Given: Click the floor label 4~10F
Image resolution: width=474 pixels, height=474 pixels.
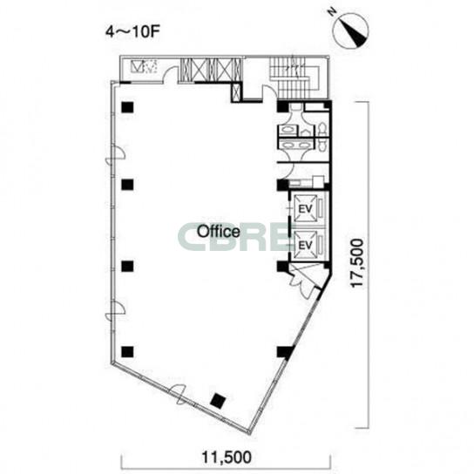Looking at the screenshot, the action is click(x=132, y=32).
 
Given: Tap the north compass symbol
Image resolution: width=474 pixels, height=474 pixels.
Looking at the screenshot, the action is click(x=351, y=30).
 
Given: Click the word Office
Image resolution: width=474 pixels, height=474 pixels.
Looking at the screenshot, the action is click(x=219, y=232).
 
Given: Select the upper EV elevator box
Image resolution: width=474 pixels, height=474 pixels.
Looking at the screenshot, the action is click(x=306, y=208).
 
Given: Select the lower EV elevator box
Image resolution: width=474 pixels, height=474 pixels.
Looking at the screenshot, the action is click(x=306, y=245).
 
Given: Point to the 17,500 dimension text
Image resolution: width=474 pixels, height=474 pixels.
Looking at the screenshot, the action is click(x=356, y=263).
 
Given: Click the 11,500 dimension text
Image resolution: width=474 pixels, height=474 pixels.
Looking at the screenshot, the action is click(x=227, y=457).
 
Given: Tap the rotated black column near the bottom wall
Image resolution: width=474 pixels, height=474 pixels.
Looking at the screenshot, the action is click(x=218, y=401).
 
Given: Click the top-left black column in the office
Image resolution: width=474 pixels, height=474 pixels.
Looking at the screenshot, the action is click(x=127, y=107).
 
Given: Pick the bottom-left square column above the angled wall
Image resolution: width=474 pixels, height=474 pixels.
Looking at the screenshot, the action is click(x=127, y=351).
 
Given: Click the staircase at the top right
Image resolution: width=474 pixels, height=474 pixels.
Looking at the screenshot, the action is click(x=295, y=78).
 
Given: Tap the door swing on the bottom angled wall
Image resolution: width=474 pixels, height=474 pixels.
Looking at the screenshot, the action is click(x=179, y=393).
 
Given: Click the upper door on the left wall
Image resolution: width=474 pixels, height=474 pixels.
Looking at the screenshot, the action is click(x=116, y=154).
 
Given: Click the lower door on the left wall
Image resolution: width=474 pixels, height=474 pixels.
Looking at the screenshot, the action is click(x=116, y=311).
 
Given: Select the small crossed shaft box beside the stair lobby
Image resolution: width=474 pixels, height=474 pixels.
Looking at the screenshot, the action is click(x=236, y=91).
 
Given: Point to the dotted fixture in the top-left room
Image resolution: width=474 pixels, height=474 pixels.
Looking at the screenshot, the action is click(x=150, y=66).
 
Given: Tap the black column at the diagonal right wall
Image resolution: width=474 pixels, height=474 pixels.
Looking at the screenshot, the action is click(x=285, y=352).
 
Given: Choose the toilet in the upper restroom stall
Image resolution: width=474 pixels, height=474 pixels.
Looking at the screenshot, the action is click(x=322, y=128).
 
